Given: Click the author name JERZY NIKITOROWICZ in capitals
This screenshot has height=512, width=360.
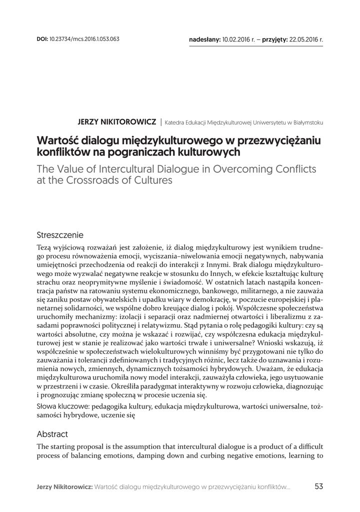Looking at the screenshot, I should (116, 121).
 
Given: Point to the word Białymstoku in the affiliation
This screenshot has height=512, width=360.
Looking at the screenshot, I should (307, 122).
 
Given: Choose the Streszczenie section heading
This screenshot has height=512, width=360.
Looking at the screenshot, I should (60, 234).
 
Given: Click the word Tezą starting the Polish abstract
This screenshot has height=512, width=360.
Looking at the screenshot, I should (44, 248).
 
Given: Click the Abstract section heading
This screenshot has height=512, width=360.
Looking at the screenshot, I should (52, 434).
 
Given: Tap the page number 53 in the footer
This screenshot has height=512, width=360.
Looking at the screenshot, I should (319, 486).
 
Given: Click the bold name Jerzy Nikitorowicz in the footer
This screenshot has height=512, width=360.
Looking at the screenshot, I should (64, 486).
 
